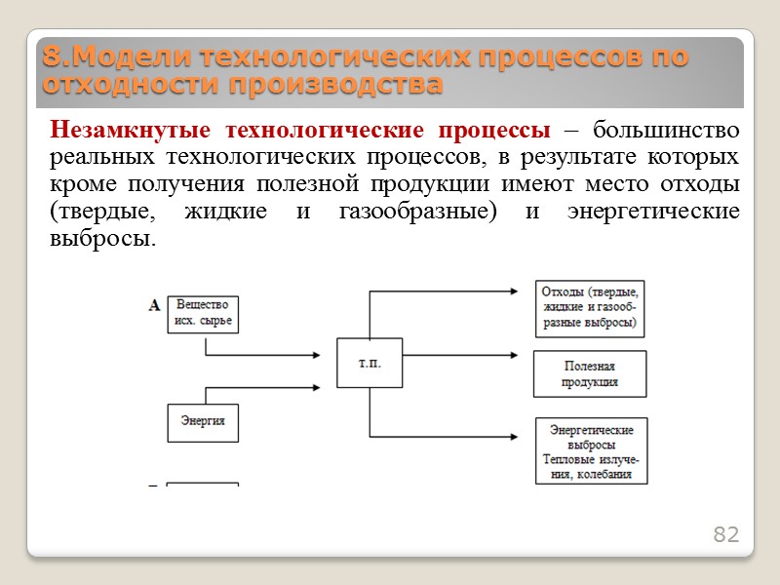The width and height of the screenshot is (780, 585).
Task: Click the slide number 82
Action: tap(726, 534)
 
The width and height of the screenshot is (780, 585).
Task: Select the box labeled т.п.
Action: tap(370, 365)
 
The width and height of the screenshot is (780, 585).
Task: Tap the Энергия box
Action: tap(203, 421)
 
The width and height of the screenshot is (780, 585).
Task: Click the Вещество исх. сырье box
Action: tap(203, 313)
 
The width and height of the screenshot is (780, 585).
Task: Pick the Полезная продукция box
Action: tap(590, 373)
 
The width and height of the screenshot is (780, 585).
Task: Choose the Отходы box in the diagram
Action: tap(590, 306)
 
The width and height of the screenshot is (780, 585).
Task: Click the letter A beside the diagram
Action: tap(154, 306)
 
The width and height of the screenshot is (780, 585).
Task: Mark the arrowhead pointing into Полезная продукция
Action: tap(526, 357)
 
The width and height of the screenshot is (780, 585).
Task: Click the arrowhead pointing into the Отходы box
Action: tap(526, 290)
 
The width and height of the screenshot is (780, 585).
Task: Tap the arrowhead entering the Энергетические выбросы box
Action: tap(526, 435)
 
